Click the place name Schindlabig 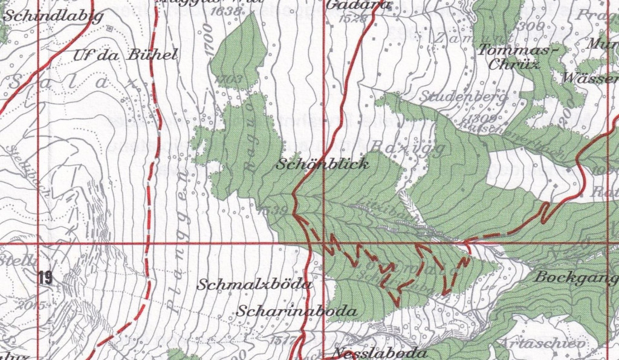click(53, 16)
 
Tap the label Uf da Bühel click(125, 55)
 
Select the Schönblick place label click(323, 164)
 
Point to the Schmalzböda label click(254, 284)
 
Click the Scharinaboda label click(297, 312)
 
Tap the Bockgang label click(575, 277)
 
